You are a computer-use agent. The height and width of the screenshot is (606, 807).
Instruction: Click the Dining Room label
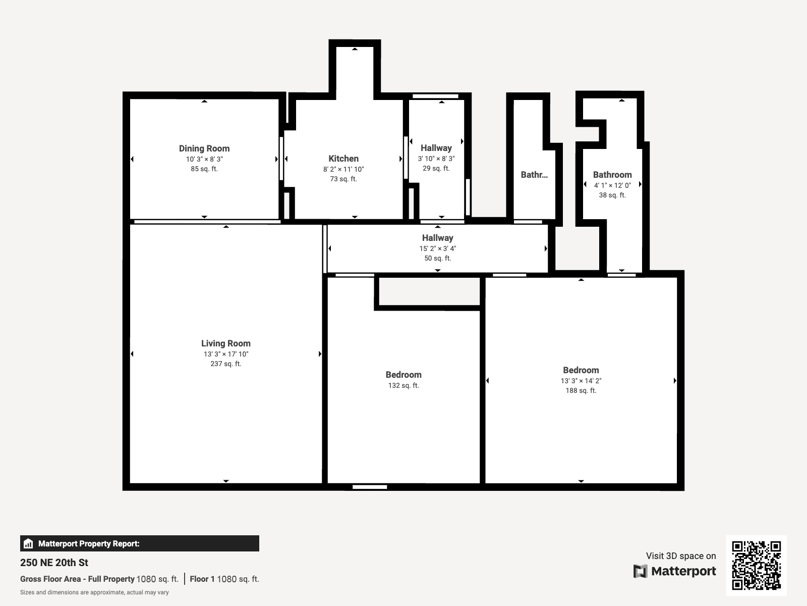tap(204, 148)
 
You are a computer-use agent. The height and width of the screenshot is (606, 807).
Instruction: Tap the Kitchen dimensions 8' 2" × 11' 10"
tap(343, 169)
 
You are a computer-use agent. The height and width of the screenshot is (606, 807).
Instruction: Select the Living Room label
tap(225, 343)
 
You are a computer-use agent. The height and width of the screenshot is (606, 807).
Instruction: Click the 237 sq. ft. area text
tap(225, 364)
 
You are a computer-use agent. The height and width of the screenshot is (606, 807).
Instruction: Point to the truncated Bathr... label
tap(534, 175)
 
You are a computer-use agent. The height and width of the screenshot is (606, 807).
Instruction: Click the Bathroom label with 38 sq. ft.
tap(612, 175)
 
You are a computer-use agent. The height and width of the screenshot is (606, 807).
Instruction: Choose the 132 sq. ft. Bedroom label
tap(403, 375)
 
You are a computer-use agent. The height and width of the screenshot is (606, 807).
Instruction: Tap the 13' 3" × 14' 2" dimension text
tap(581, 381)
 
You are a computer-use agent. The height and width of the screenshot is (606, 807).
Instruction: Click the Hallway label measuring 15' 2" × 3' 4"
tap(437, 238)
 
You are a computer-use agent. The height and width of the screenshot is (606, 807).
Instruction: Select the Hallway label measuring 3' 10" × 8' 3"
tap(436, 148)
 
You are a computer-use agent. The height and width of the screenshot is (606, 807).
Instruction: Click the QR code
tap(756, 565)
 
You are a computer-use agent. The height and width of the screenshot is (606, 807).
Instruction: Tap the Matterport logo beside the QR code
tap(675, 571)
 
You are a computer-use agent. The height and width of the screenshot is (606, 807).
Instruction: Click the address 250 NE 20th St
tap(54, 563)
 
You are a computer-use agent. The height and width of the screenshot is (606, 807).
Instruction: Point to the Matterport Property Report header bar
tap(140, 543)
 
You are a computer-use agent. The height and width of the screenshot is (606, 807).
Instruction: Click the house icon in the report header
tap(28, 544)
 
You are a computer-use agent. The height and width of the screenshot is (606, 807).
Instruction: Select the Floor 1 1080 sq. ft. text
tap(224, 579)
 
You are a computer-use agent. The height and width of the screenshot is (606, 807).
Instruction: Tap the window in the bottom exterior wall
tap(370, 487)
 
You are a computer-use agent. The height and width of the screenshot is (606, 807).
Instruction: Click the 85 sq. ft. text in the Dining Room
tap(204, 169)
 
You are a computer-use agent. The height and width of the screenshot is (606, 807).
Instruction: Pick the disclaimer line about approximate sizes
tap(94, 592)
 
